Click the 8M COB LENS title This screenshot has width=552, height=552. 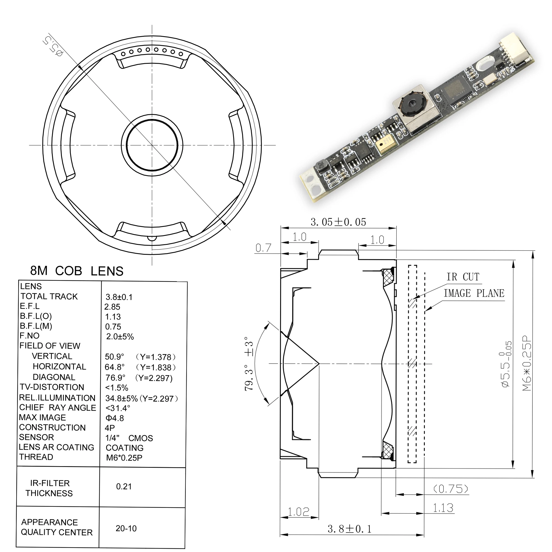(76, 271)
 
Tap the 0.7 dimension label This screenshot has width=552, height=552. (263, 248)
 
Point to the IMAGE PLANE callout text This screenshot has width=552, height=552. (474, 293)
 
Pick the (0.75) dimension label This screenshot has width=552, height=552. (451, 489)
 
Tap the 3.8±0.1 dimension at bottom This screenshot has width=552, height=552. (349, 529)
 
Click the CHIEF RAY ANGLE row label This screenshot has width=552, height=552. (57, 408)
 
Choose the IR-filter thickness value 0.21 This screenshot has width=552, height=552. (124, 487)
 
